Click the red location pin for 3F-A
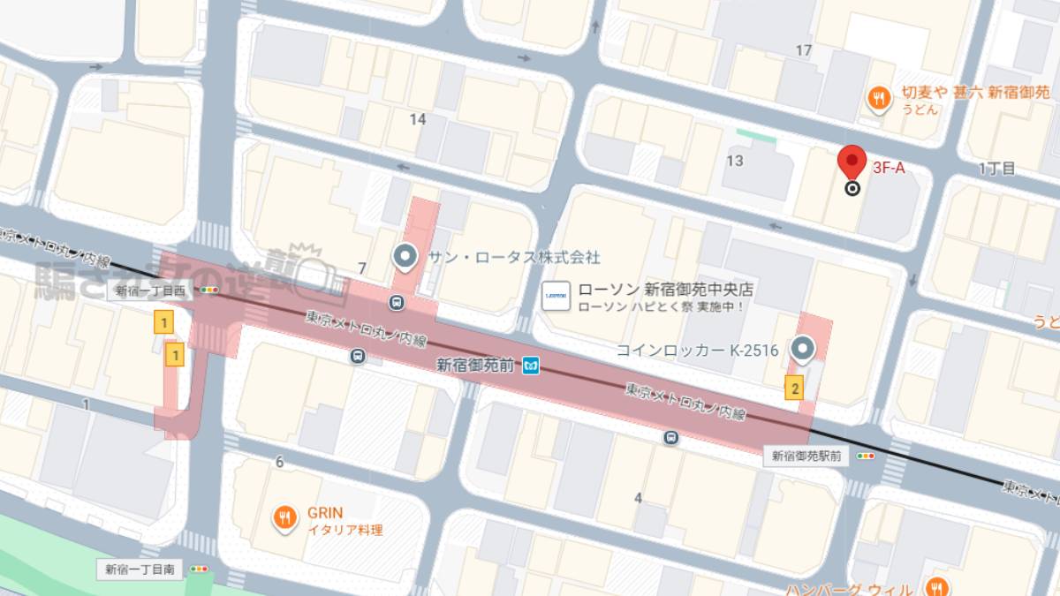852,162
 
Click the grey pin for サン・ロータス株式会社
405,257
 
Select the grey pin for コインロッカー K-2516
802,350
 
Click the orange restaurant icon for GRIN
284,518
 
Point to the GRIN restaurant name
324,513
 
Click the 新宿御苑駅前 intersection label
806,456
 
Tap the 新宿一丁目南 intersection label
139,570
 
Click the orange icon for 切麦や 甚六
877,99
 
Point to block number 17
803,50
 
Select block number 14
418,119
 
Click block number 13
734,161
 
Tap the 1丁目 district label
997,168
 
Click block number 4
638,498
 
